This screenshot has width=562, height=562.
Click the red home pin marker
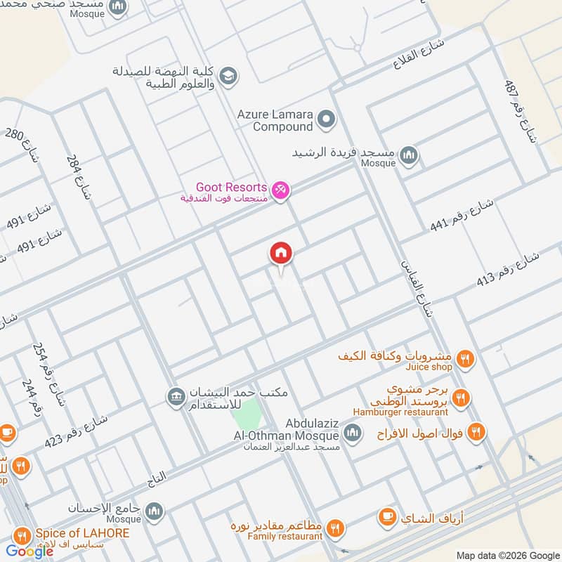pyautogui.click(x=280, y=254)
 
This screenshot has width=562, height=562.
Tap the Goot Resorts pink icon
pyautogui.click(x=280, y=190)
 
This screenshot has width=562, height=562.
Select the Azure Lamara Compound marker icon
pyautogui.click(x=325, y=120)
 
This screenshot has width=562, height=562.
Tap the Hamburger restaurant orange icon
pyautogui.click(x=461, y=398)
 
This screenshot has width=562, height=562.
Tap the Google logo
pyautogui.click(x=30, y=551)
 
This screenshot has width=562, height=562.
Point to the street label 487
pyautogui.click(x=520, y=111)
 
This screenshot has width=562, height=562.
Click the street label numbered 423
pyautogui.click(x=76, y=431)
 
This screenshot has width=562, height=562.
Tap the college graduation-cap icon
pyautogui.click(x=228, y=75)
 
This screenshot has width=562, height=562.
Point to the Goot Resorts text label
pyautogui.click(x=231, y=188)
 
